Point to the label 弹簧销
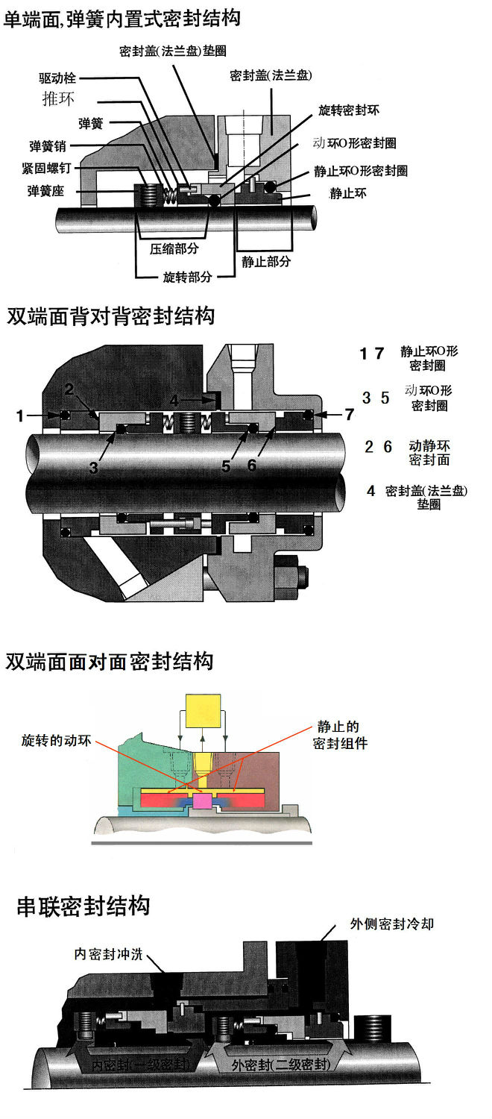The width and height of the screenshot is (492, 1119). coord(48,145)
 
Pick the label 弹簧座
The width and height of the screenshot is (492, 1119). coord(46,190)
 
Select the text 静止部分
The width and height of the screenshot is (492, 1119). coord(266,261)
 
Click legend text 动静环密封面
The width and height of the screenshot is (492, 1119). coord(429,453)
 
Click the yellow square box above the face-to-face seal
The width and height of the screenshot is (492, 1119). coord(204,711)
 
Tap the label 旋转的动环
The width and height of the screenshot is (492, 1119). coord(57,742)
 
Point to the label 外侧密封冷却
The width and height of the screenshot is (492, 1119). coord(391,924)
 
